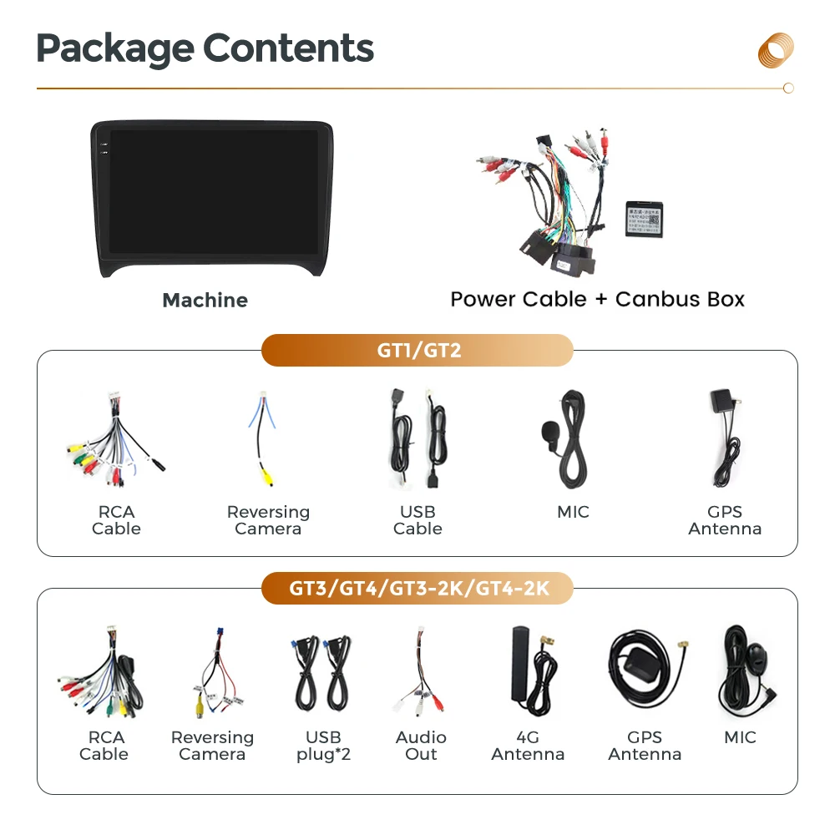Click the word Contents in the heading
tap(289, 48)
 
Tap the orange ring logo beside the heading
tap(776, 49)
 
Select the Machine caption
tap(205, 301)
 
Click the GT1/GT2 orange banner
tap(417, 350)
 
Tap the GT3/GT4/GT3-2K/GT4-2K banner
tap(417, 589)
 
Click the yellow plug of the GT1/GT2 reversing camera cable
tap(266, 477)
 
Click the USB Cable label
tap(417, 520)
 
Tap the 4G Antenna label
tap(528, 746)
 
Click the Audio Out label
tap(421, 746)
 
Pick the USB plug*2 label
tap(323, 746)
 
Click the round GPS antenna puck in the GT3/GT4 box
tap(633, 660)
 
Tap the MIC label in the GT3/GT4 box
tap(740, 737)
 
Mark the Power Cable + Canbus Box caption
tap(597, 299)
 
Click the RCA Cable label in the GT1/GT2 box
tap(116, 520)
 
